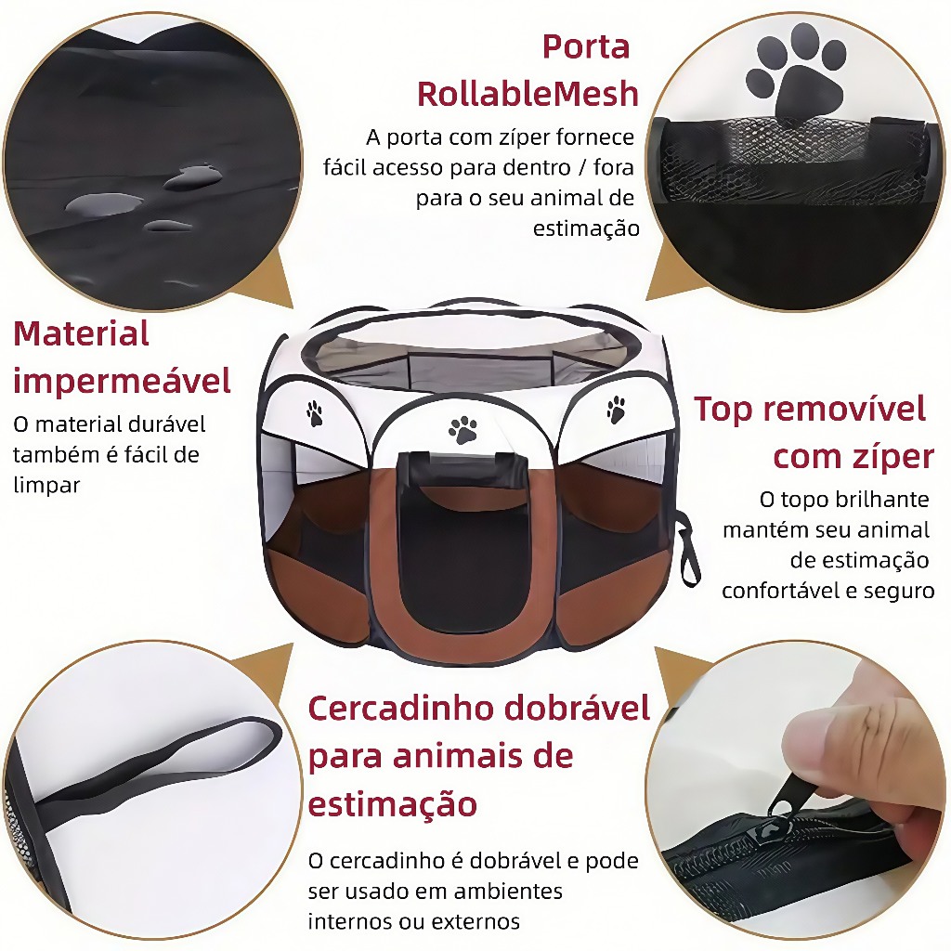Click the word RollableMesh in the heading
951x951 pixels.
tap(528, 94)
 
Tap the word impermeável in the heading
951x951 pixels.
tap(122, 380)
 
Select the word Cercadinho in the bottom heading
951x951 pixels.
tap(399, 708)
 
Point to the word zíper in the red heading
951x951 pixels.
tap(890, 458)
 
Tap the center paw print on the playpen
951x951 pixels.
tap(462, 429)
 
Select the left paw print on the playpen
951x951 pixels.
tap(314, 413)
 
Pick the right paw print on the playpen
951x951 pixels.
tap(616, 410)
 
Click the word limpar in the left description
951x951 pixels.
tap(46, 485)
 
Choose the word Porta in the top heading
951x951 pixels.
tap(586, 46)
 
